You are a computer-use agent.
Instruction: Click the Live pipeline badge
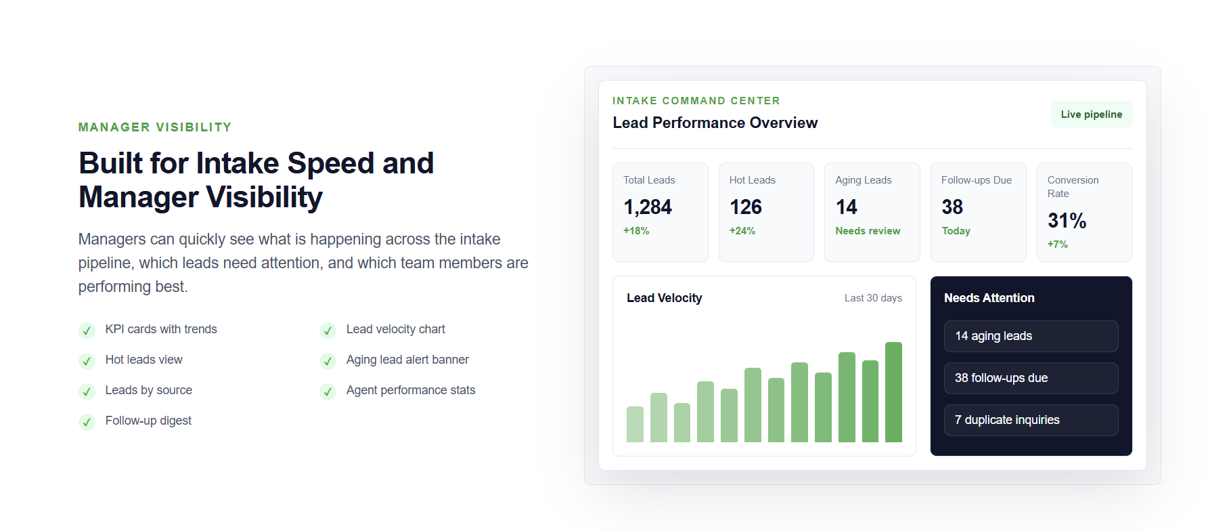(1092, 114)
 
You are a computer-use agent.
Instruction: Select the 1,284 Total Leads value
(648, 207)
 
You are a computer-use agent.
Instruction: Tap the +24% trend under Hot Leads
(742, 231)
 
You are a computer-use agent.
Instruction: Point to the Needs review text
(868, 231)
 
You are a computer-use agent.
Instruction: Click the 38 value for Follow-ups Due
(952, 207)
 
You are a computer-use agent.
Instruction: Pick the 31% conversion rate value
(1067, 221)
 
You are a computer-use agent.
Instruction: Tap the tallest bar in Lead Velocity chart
(893, 392)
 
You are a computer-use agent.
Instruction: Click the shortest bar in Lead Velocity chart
(682, 423)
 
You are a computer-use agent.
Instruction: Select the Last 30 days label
(873, 298)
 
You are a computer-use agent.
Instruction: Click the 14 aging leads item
(1031, 336)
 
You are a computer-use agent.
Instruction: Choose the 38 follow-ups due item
(1031, 378)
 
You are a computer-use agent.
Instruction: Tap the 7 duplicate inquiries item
(1031, 420)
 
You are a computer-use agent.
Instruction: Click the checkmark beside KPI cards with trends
(87, 331)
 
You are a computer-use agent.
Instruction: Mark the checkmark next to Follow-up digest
(87, 422)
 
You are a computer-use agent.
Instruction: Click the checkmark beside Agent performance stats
(328, 391)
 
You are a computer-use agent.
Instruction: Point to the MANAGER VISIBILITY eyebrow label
(155, 127)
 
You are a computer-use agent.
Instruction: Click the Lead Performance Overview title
(715, 123)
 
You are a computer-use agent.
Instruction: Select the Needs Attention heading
(989, 298)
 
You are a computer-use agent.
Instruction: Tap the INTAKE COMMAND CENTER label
(696, 101)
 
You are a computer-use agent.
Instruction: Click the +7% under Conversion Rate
(1058, 245)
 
